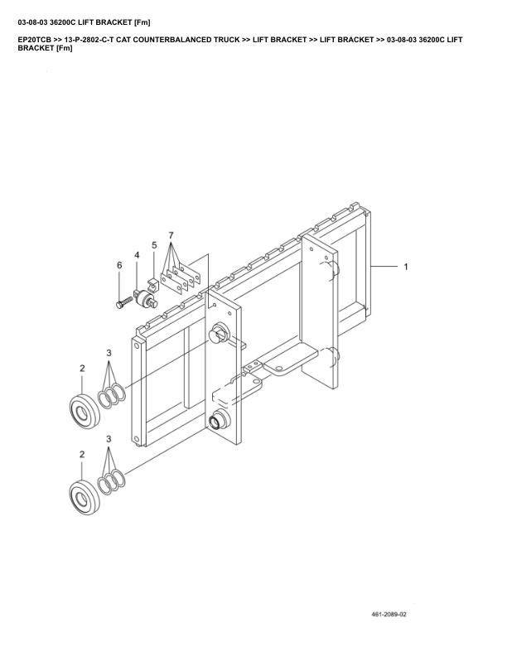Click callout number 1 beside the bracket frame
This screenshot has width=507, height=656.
(406, 268)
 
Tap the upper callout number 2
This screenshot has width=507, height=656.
(82, 367)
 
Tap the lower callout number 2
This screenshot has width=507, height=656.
(82, 455)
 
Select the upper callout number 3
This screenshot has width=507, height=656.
(109, 354)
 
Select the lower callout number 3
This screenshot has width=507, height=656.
(109, 441)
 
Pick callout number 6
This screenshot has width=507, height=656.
(118, 265)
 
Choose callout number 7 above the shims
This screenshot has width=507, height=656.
(172, 236)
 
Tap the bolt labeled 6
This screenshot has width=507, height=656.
(124, 302)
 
